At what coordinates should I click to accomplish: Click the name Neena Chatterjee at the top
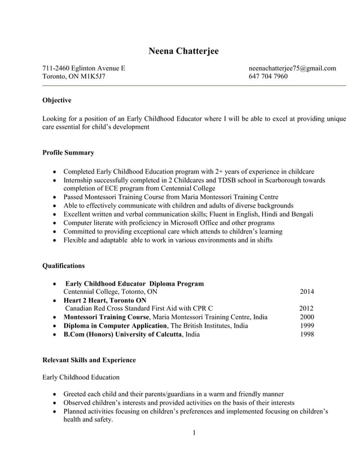183,51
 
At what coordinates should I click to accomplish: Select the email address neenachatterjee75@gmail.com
292,68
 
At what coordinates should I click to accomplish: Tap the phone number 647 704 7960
268,77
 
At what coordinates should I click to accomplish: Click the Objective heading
57,100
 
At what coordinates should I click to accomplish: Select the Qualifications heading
64,265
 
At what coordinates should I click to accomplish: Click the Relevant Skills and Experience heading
89,359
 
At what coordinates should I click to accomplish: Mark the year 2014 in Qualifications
307,292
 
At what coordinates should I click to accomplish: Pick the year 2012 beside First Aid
306,309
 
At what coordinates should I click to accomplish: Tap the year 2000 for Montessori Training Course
308,317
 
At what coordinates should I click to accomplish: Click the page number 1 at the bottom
194,433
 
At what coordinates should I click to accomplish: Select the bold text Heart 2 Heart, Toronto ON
105,300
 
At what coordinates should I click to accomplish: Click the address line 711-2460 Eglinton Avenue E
84,68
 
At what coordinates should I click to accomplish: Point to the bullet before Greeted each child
54,394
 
